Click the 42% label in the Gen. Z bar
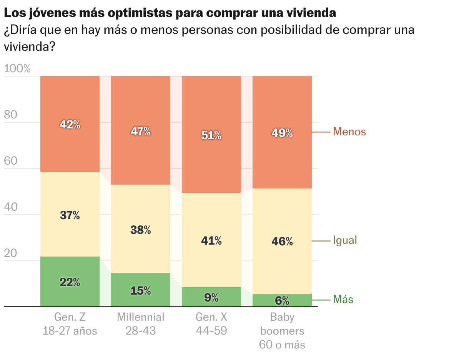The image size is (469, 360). click(x=70, y=125)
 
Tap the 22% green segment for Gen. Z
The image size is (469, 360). click(x=70, y=282)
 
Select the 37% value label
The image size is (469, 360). click(x=70, y=216)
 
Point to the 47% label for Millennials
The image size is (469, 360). click(x=141, y=132)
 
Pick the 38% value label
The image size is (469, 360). click(x=141, y=230)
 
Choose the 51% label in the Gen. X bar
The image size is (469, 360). click(x=211, y=135)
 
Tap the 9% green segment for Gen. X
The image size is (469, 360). click(x=211, y=297)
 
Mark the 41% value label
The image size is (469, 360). click(x=211, y=241)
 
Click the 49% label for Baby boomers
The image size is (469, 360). click(x=282, y=133)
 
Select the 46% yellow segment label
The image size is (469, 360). click(x=282, y=242)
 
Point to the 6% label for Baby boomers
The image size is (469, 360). click(x=282, y=301)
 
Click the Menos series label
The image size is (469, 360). click(x=349, y=132)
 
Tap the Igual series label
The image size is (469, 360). click(x=345, y=240)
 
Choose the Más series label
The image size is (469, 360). click(x=343, y=300)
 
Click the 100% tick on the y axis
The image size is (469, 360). click(x=17, y=69)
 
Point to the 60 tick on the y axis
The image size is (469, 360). click(x=11, y=161)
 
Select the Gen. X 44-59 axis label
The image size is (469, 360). click(x=211, y=324)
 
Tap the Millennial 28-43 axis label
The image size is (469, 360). click(x=141, y=324)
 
